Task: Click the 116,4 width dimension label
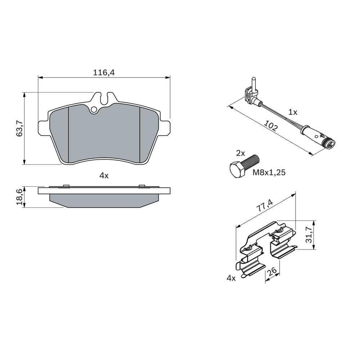[x=104, y=72]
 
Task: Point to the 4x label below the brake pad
[x=104, y=175]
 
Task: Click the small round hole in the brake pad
[x=94, y=109]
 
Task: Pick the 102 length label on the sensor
[x=271, y=126]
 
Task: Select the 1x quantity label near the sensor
[x=293, y=112]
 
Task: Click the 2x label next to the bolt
[x=240, y=153]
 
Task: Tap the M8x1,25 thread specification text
[x=269, y=172]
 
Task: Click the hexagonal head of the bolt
[x=237, y=171]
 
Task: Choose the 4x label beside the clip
[x=231, y=278]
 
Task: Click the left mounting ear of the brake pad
[x=42, y=129]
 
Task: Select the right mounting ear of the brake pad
[x=165, y=128]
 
